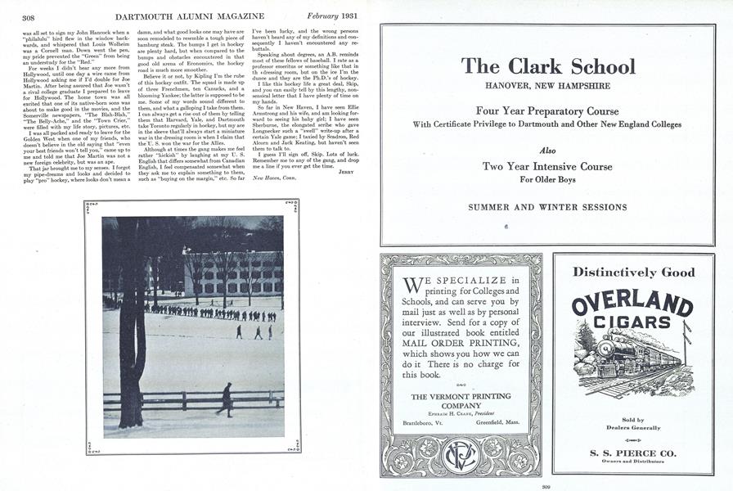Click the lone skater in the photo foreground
pos(226,399)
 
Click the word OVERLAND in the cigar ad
pos(632,304)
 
